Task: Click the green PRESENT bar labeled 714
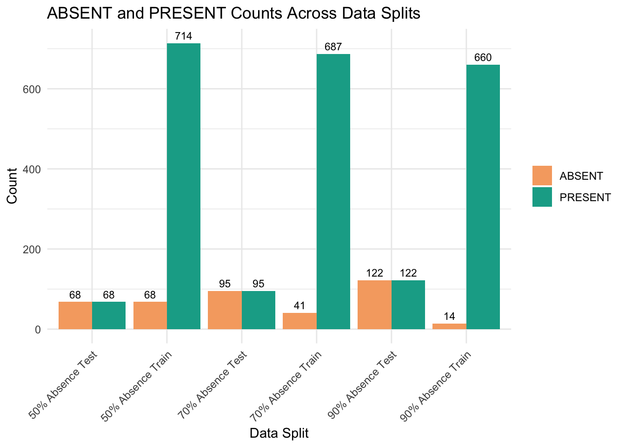coord(184,186)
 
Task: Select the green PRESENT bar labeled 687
coord(333,191)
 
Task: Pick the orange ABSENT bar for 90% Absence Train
coord(449,326)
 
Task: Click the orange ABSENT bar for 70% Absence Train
coord(299,321)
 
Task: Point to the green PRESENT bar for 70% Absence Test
coord(259,310)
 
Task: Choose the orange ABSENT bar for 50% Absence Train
coord(150,315)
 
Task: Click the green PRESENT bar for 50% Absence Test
coord(109,315)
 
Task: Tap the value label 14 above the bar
coord(449,317)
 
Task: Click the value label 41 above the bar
coord(299,306)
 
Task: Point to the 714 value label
coord(184,36)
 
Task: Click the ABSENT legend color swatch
coord(542,176)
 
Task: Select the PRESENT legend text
coord(585,197)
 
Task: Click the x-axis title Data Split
coord(279,433)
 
